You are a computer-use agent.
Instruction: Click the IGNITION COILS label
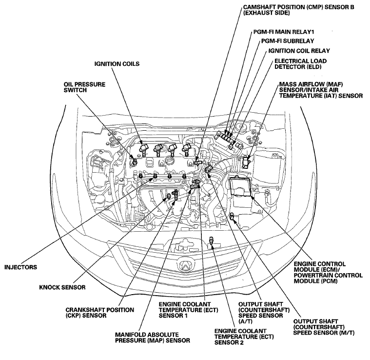coord(117,64)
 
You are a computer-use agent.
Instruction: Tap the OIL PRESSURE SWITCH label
coord(84,87)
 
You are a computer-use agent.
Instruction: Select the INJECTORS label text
coord(21,267)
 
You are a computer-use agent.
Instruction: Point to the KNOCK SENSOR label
coord(62,287)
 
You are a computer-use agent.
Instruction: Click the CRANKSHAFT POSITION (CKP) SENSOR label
coord(100,313)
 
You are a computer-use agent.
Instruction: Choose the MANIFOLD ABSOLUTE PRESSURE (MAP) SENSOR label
coord(153,338)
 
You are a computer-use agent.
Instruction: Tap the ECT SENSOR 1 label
coord(188,310)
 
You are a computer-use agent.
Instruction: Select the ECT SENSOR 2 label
coord(244,337)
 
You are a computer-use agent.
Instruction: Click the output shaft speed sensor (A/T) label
coord(264,313)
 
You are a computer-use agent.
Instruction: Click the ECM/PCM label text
coord(328,272)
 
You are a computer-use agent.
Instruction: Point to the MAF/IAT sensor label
coord(321,90)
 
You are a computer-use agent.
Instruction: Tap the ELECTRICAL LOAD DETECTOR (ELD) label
coord(300,64)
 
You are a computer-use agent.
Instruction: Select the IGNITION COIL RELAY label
coord(299,51)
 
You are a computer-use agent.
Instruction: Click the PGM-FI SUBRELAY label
coord(288,41)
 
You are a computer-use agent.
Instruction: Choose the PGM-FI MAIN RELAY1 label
coord(284,32)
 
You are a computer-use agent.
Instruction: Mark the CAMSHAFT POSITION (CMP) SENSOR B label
coord(298,10)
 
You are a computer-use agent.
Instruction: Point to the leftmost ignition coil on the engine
coord(143,149)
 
